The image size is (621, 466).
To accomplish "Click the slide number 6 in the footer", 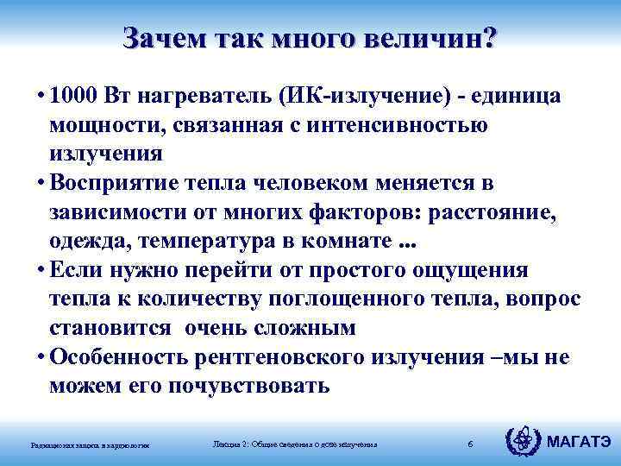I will coord(469,444).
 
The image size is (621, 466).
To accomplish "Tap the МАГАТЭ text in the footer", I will coord(580,442).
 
